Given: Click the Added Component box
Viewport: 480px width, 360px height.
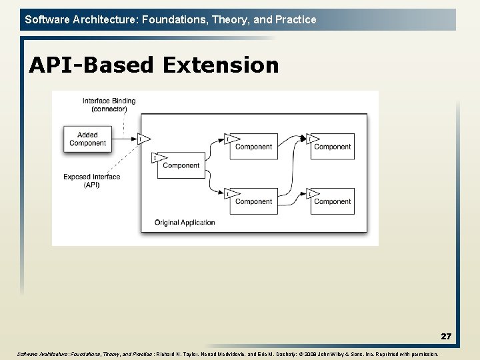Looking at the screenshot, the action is [x=87, y=139].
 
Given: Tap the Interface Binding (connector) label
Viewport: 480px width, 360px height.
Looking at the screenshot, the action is [x=109, y=105].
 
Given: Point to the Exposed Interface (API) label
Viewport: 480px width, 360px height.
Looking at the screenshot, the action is [x=92, y=181].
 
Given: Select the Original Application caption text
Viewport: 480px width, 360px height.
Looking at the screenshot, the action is [x=185, y=223].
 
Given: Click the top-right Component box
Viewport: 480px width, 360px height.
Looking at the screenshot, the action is [x=333, y=147].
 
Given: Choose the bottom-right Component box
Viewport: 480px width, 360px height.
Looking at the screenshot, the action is [x=333, y=201].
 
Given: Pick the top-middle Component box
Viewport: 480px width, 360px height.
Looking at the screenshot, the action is [x=253, y=147].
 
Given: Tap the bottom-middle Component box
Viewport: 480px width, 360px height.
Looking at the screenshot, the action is [x=253, y=201].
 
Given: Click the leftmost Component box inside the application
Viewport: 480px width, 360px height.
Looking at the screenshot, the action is [x=181, y=165].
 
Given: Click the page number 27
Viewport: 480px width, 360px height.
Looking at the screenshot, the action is [x=445, y=337].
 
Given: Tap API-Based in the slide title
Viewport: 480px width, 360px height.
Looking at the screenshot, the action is [x=91, y=65].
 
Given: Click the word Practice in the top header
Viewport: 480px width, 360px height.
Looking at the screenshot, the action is [x=295, y=19].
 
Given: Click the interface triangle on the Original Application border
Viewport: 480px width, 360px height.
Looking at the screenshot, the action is [x=143, y=139].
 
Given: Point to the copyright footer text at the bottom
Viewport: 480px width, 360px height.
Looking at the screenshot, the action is [x=227, y=354].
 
